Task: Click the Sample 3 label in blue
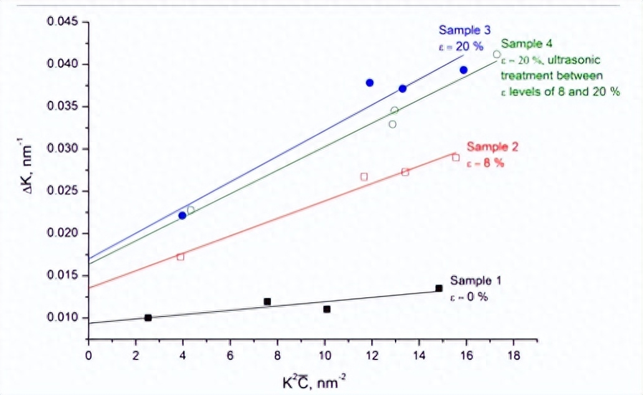(465, 30)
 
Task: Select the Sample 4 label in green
(526, 44)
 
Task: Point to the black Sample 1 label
(475, 280)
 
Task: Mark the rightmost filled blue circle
(464, 70)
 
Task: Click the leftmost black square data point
(148, 318)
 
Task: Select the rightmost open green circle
(497, 54)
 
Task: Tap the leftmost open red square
(181, 257)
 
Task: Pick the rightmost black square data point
(439, 288)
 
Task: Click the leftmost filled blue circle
(182, 216)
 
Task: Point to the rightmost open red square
(455, 158)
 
